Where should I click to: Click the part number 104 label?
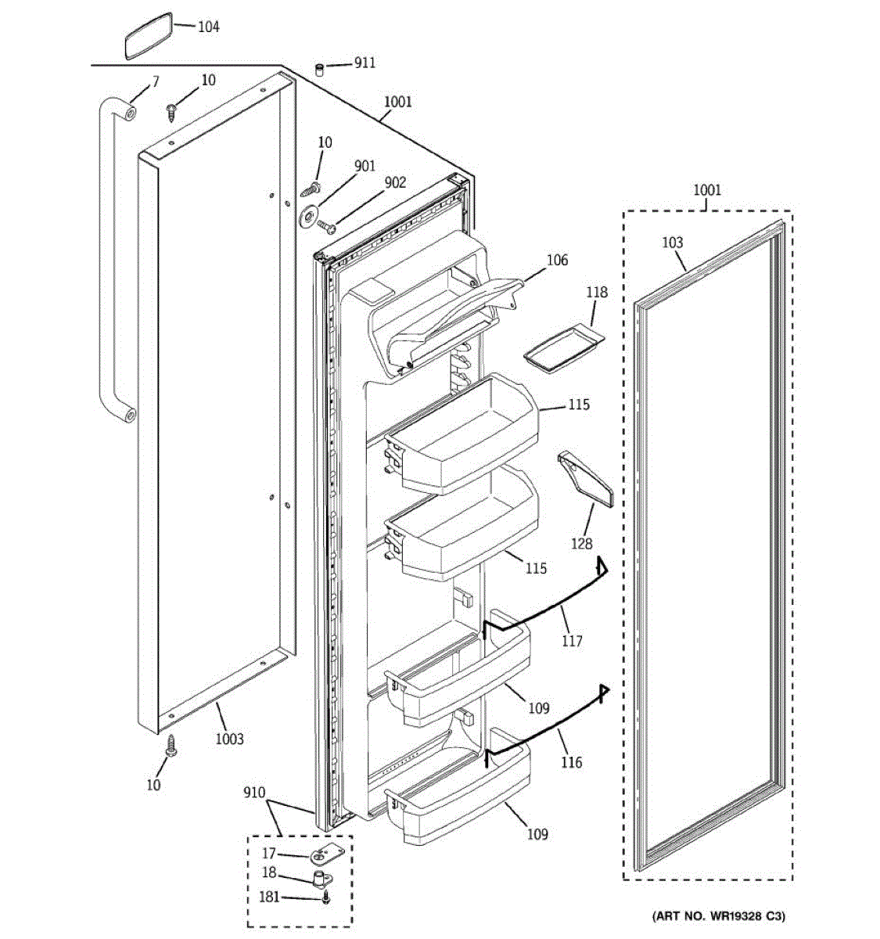click(x=208, y=27)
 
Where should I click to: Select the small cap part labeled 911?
click(x=320, y=70)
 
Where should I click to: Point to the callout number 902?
click(x=395, y=182)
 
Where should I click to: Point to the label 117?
click(x=572, y=641)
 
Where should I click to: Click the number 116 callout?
click(x=572, y=761)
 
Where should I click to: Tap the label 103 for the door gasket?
click(x=672, y=243)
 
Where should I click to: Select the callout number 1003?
click(x=229, y=739)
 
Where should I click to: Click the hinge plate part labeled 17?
click(x=321, y=856)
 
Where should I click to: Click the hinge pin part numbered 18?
click(x=320, y=878)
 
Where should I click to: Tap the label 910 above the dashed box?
click(x=254, y=792)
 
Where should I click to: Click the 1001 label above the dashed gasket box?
click(x=707, y=189)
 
